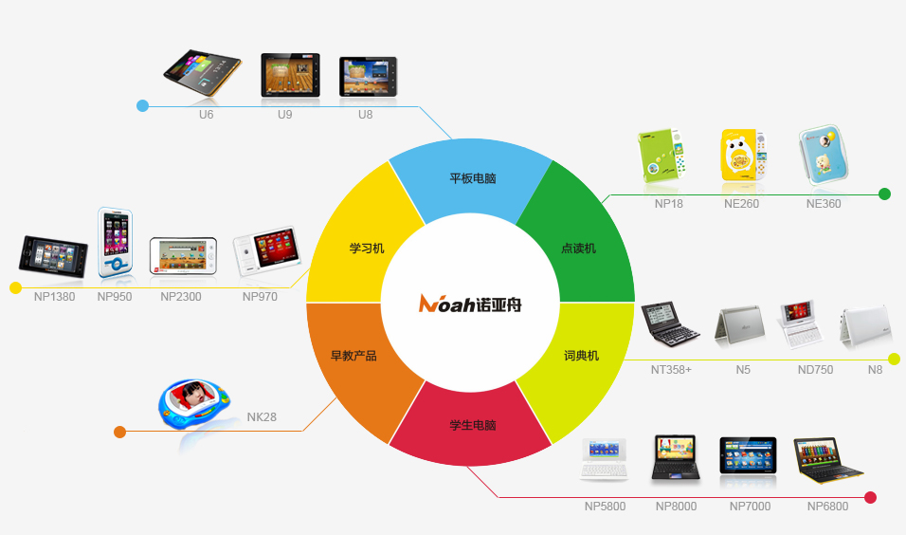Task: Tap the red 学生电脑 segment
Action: tap(470, 427)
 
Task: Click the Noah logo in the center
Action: tap(470, 303)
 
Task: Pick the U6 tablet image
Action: tap(202, 72)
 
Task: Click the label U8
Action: tap(365, 115)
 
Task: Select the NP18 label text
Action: tap(668, 204)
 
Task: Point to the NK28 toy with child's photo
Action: tap(193, 404)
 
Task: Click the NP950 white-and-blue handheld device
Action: tap(116, 242)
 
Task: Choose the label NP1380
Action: tap(54, 297)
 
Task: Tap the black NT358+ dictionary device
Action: tap(670, 323)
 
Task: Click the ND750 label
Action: tap(815, 370)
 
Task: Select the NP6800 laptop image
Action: tap(827, 460)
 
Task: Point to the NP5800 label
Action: tap(605, 507)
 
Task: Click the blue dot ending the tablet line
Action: tap(143, 106)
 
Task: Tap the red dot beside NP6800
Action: tap(871, 497)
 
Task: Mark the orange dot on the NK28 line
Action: tap(120, 432)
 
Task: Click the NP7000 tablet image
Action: tap(749, 455)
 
